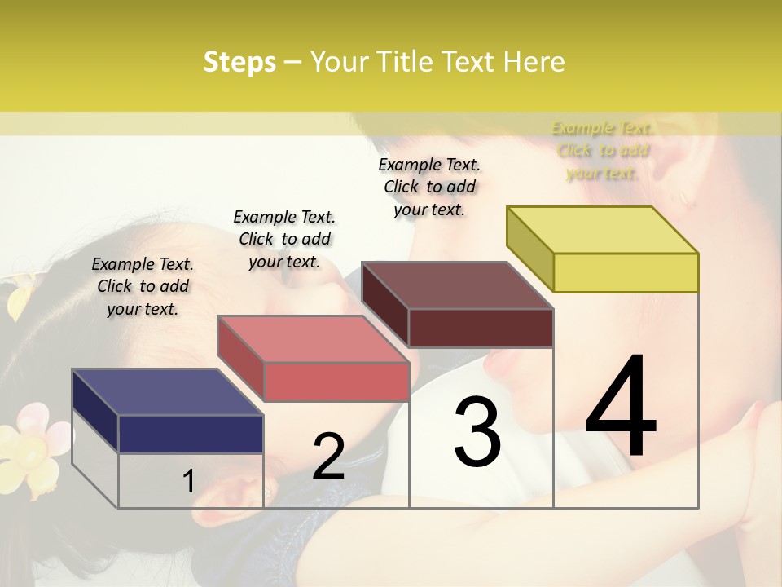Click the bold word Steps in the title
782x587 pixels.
[239, 62]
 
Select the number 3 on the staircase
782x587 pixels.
[477, 431]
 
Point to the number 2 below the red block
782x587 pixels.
[328, 457]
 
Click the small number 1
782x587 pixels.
[188, 481]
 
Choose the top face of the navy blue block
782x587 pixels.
[168, 392]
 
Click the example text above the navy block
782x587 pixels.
[143, 286]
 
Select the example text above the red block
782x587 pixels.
[284, 239]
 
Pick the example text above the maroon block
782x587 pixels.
[429, 187]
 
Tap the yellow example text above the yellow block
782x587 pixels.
[603, 150]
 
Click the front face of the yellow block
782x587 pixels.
[626, 272]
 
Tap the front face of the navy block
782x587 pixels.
[191, 434]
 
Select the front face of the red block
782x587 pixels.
[336, 382]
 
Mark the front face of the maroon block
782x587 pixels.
[481, 328]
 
